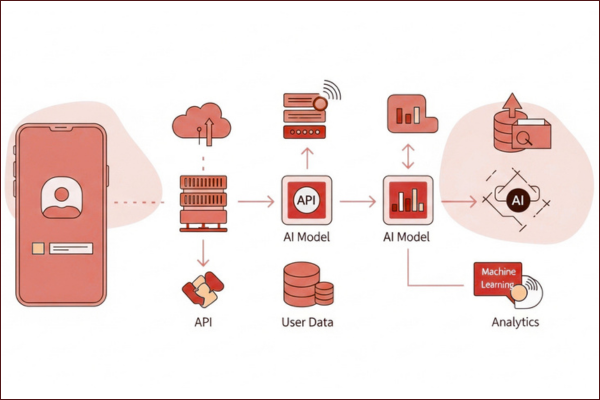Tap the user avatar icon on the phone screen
(61, 197)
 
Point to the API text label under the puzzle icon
(203, 323)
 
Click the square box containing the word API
(307, 201)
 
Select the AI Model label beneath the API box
(307, 237)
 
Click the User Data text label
(307, 323)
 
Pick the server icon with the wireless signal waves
(308, 111)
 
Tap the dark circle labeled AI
(518, 201)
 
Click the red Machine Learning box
(498, 278)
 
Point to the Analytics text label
(515, 322)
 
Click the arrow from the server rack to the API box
(255, 202)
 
